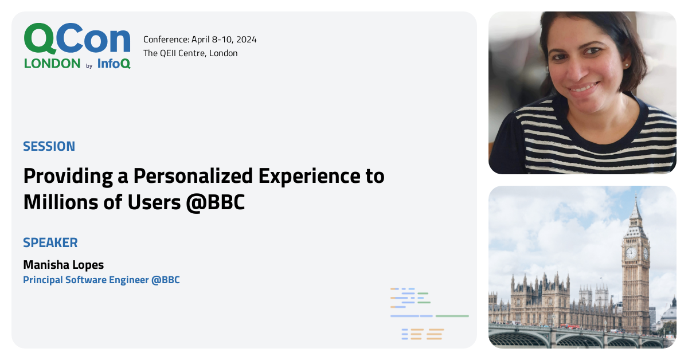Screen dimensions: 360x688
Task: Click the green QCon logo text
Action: (x=77, y=40)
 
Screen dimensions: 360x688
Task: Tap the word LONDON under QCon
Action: (x=52, y=64)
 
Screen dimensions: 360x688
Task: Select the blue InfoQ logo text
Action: (x=114, y=64)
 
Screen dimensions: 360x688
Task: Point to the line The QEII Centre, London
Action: (x=190, y=53)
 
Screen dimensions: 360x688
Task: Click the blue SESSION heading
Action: (x=49, y=146)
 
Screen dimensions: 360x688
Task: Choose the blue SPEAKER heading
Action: (x=50, y=242)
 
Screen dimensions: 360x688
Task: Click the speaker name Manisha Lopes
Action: (x=64, y=265)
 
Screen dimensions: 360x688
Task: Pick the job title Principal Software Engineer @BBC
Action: (x=101, y=280)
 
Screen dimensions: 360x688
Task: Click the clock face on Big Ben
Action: (x=631, y=253)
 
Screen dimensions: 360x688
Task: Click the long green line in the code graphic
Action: (x=452, y=316)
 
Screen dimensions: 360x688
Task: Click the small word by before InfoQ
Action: (x=89, y=66)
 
